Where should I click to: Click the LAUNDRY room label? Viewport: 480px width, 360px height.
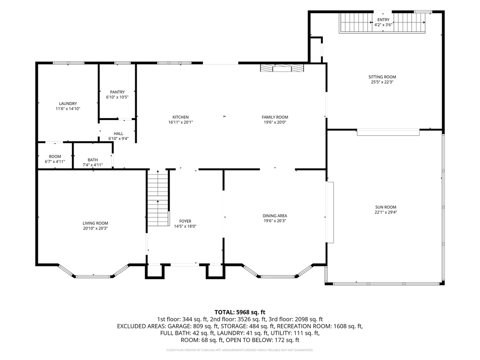click(68, 104)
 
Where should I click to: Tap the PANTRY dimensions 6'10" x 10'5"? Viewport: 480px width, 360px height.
click(117, 97)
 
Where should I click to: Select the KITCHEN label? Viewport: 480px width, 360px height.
click(180, 117)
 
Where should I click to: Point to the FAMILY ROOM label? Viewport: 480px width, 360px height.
click(275, 117)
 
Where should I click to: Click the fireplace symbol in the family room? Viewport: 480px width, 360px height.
click(282, 68)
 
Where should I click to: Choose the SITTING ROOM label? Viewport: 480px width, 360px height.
click(382, 77)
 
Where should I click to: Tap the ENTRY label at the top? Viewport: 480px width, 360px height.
click(383, 20)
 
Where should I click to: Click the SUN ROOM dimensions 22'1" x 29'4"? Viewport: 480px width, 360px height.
click(386, 212)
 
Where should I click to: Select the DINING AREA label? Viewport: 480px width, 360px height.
click(275, 216)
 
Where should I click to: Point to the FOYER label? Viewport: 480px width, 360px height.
click(185, 221)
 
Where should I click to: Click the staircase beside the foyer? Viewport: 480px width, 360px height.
click(158, 198)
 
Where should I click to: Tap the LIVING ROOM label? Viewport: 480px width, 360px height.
click(95, 223)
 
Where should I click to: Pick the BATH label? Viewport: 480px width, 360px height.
click(93, 160)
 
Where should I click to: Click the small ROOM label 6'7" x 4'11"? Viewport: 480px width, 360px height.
click(55, 156)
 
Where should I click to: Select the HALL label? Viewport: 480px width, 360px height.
click(118, 134)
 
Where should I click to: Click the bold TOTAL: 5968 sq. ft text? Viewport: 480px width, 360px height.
click(240, 312)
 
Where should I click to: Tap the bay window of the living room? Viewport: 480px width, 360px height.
click(93, 272)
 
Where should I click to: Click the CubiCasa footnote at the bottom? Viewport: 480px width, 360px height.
click(240, 350)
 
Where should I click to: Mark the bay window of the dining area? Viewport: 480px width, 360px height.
click(278, 272)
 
